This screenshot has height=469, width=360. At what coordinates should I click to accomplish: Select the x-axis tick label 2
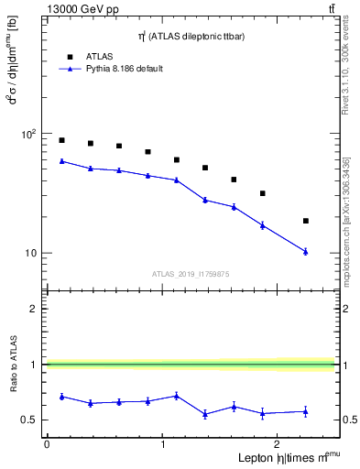278,444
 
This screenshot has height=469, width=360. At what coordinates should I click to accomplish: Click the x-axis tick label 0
47,444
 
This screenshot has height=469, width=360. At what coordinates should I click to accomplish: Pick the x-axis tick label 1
163,444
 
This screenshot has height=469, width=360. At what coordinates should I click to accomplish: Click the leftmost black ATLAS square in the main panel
61,140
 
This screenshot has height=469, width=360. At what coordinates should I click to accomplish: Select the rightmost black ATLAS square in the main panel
305,221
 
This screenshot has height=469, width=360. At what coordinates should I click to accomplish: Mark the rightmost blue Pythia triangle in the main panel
305,251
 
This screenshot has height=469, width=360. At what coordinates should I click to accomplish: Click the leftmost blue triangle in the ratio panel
61,397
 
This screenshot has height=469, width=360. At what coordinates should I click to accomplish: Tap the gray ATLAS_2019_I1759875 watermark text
191,274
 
